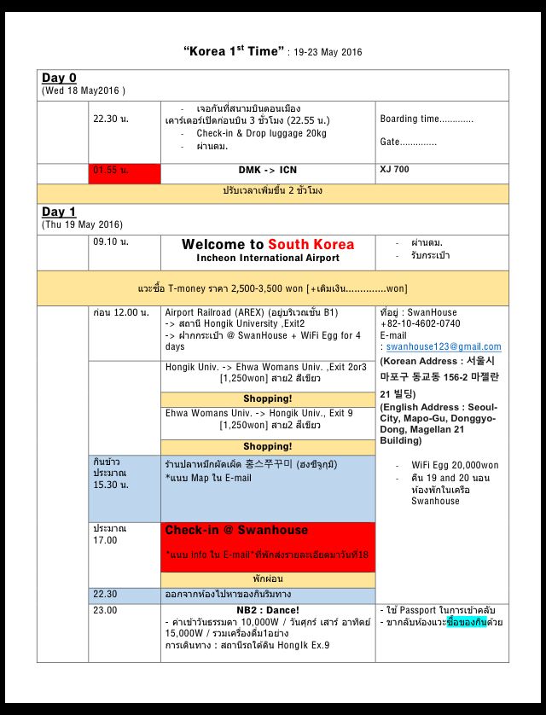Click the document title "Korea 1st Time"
pyautogui.click(x=232, y=52)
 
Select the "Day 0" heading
pyautogui.click(x=59, y=78)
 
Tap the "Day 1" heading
pyautogui.click(x=59, y=212)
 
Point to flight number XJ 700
pyautogui.click(x=394, y=170)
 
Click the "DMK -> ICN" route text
pyautogui.click(x=268, y=171)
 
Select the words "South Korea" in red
pyautogui.click(x=311, y=244)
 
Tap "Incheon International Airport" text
pyautogui.click(x=268, y=258)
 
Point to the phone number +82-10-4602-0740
pyautogui.click(x=420, y=324)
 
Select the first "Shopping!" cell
pyautogui.click(x=268, y=398)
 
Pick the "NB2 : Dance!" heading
pyautogui.click(x=268, y=610)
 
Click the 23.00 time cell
pyautogui.click(x=106, y=610)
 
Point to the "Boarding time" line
pyautogui.click(x=427, y=119)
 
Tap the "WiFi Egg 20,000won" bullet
pyautogui.click(x=455, y=465)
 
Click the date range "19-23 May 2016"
pyautogui.click(x=328, y=53)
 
